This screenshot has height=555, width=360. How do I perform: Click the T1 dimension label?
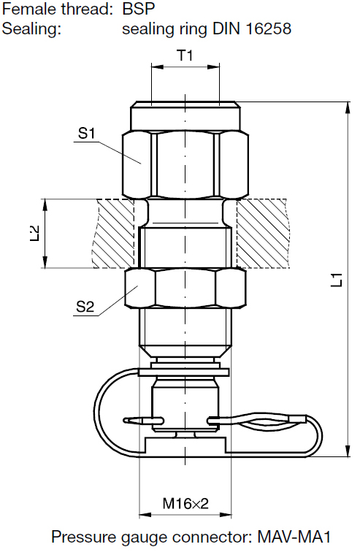(x=185, y=55)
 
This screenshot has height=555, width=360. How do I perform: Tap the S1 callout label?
(x=87, y=134)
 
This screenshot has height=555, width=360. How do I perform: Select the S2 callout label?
(x=85, y=307)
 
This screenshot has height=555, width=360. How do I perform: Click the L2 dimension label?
(x=35, y=233)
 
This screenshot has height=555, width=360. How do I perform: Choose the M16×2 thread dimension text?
(x=185, y=503)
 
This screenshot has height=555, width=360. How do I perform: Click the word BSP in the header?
(x=139, y=9)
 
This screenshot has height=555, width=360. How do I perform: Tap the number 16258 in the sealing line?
(x=268, y=28)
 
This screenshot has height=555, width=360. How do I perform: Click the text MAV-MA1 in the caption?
(x=294, y=537)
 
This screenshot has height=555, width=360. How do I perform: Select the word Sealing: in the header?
(x=31, y=29)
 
